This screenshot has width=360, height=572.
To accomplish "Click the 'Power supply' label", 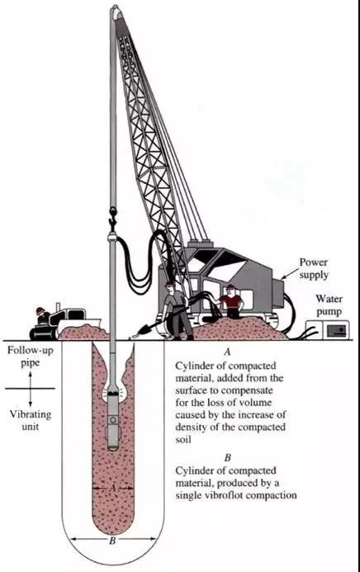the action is click(x=313, y=268).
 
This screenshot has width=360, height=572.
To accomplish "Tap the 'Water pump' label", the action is click(x=329, y=305).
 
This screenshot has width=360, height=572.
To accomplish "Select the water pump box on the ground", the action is click(x=327, y=329).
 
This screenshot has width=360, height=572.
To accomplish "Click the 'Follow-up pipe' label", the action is click(x=31, y=357).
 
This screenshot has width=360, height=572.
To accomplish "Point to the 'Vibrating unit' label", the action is click(x=31, y=420).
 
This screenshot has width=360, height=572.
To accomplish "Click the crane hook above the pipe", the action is click(x=113, y=216).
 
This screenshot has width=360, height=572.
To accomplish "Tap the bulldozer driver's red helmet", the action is click(x=40, y=311).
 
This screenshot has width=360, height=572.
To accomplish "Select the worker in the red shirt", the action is click(x=231, y=302).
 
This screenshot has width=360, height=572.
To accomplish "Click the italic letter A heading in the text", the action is click(x=228, y=352).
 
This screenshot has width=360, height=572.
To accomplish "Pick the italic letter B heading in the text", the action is click(x=228, y=457).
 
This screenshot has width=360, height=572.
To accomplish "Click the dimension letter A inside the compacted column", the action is click(x=112, y=487).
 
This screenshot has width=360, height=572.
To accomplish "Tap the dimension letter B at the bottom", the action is click(x=112, y=541).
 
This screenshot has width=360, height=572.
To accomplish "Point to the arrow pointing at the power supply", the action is click(x=289, y=274).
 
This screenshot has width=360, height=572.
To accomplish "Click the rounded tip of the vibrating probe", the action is click(x=113, y=447).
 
